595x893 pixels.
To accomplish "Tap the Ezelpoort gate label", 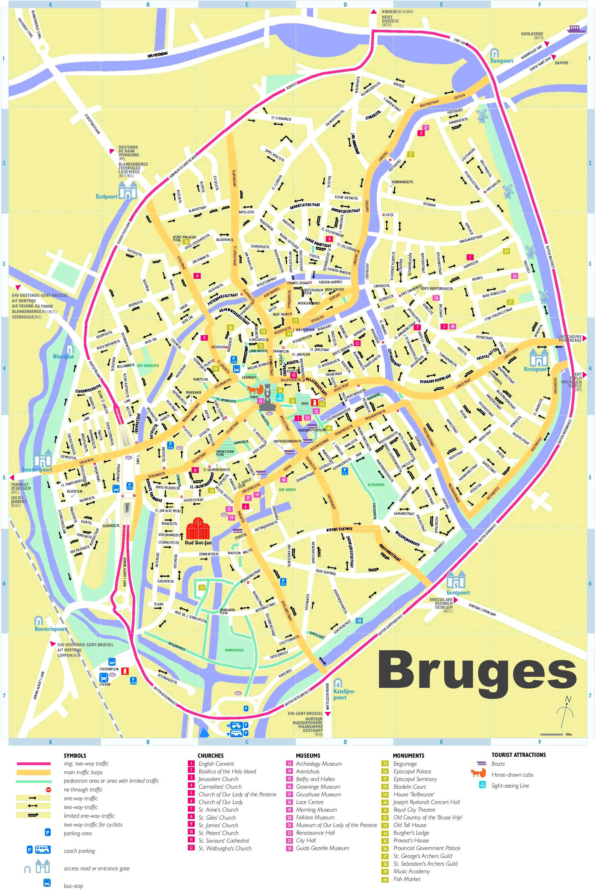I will pos(107,197).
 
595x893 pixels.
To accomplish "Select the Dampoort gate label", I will pos(502,61).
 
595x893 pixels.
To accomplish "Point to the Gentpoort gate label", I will pos(458,592).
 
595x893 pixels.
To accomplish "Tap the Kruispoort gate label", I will pos(536,369).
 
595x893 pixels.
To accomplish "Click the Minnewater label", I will pos(234,650).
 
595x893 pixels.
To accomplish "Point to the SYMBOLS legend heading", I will pos(75,756).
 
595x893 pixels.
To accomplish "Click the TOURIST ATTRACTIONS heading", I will pos(518,755).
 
